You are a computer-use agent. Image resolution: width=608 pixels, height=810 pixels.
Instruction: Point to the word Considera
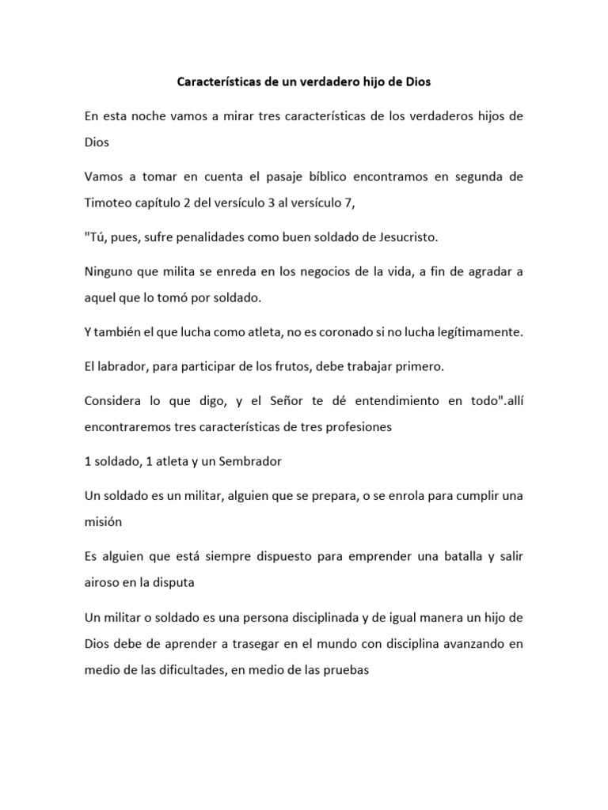click(x=116, y=402)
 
